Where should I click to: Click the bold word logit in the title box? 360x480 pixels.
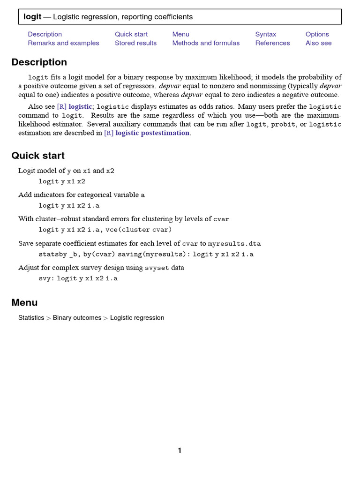32,17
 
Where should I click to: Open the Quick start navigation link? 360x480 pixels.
131,34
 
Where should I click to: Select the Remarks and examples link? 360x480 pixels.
63,43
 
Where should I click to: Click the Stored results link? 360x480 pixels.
135,43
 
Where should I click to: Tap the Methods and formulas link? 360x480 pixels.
206,43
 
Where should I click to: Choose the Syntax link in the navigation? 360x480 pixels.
265,34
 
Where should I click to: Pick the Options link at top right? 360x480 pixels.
317,34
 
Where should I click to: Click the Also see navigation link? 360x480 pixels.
318,43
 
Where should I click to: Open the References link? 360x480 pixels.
272,43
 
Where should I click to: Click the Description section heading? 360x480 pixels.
39,62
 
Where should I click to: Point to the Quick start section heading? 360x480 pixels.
38,156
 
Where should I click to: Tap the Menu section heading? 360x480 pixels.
24,303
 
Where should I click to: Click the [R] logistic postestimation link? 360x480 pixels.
147,133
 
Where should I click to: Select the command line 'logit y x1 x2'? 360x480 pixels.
62,181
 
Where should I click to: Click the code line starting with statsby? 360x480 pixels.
146,255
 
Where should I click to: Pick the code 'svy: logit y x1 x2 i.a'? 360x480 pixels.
78,278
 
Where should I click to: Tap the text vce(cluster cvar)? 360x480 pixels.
138,230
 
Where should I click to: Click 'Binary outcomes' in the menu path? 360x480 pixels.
77,318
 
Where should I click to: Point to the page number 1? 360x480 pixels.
180,450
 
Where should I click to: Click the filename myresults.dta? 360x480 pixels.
234,244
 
